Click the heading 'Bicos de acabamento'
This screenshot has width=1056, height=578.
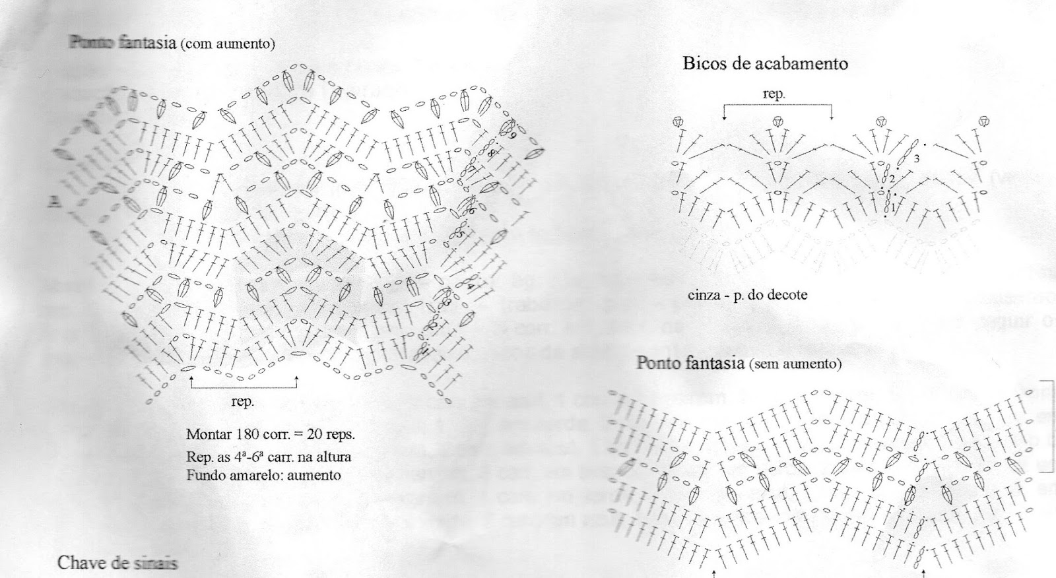(765, 64)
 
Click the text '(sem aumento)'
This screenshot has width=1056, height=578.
(795, 364)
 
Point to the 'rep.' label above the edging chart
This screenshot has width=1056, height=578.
(774, 94)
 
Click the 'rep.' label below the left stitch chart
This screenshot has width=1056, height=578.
(242, 401)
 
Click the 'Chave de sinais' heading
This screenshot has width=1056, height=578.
(117, 563)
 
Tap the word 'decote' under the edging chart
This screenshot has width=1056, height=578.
(787, 294)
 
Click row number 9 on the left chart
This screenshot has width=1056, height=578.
(513, 135)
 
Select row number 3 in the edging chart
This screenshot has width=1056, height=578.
(917, 159)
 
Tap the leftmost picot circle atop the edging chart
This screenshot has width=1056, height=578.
(678, 121)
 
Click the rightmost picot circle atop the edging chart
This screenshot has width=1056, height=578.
(983, 121)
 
